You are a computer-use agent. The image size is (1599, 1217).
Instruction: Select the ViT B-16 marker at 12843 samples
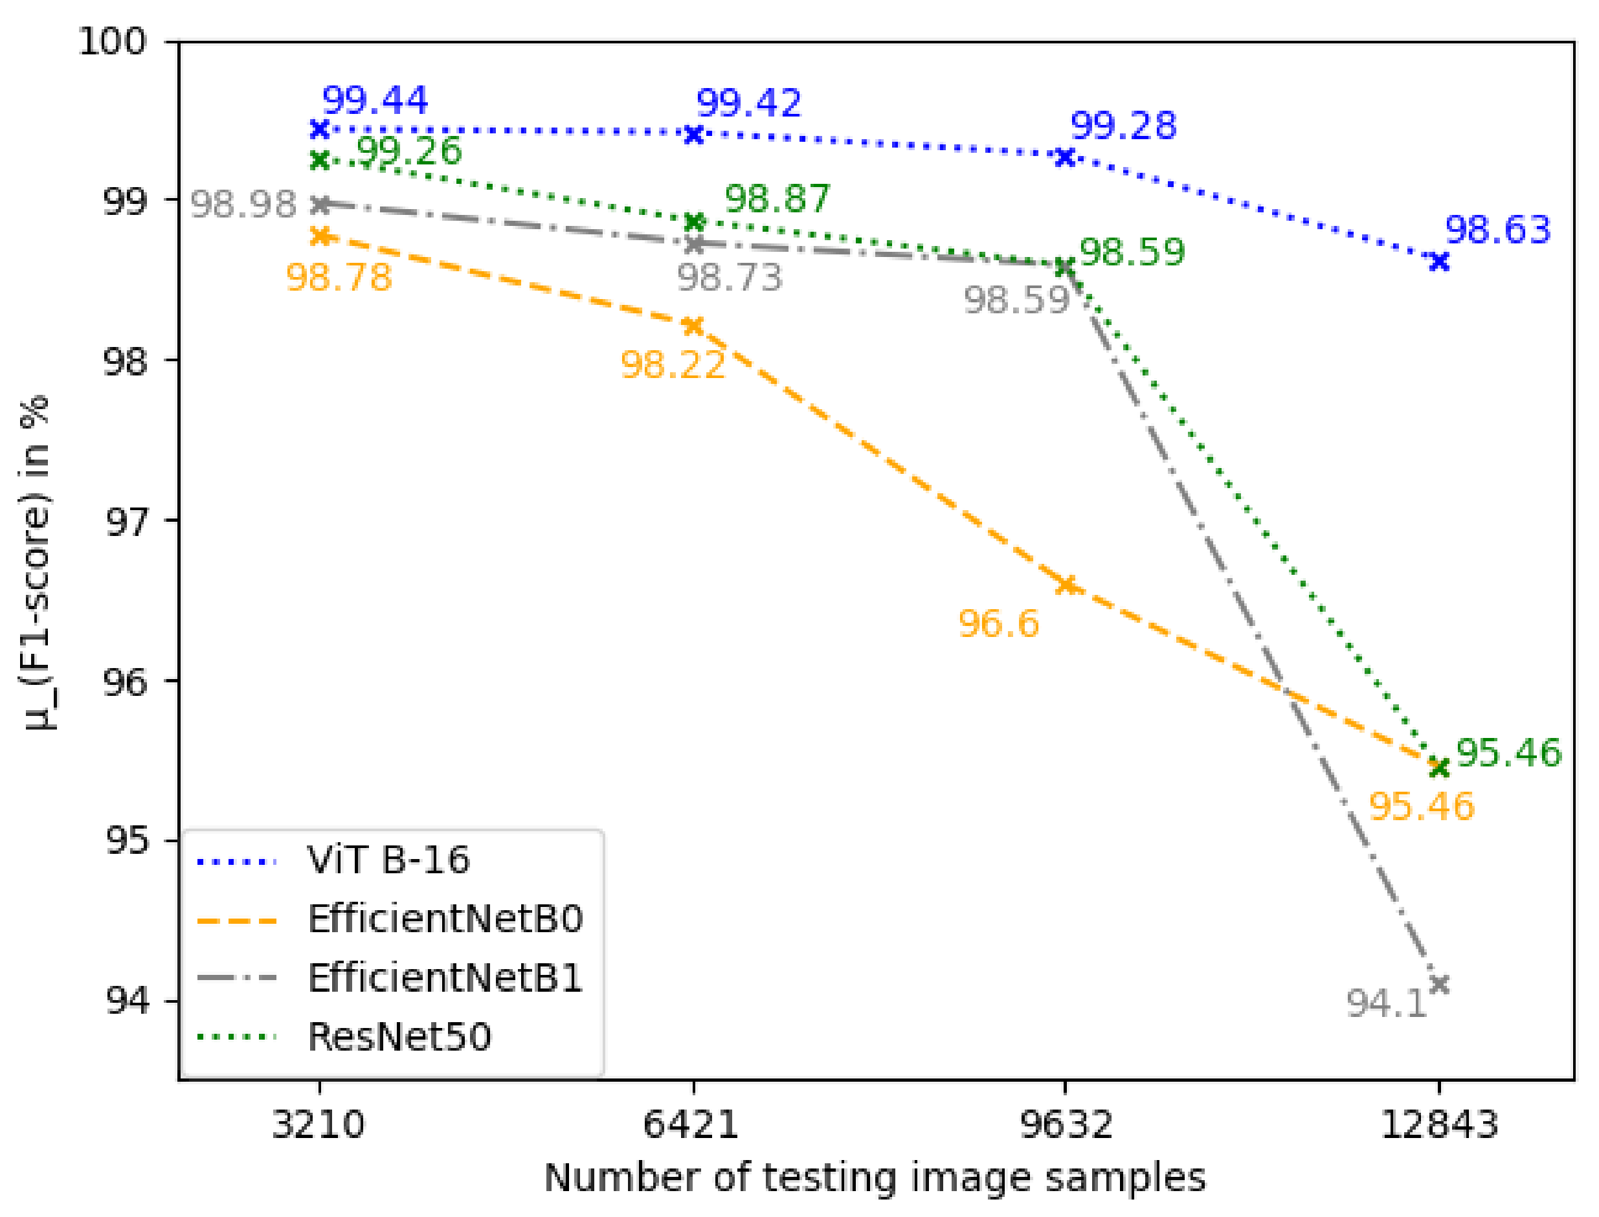tap(1439, 262)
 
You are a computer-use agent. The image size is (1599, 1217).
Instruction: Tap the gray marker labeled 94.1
tap(1439, 985)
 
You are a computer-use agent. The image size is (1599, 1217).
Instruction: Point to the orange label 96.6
tap(998, 624)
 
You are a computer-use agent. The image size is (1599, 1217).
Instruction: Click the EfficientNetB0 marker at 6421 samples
tap(693, 326)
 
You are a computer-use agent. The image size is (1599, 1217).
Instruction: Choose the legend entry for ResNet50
tap(399, 1036)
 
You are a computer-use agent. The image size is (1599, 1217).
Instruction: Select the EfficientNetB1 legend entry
tap(445, 978)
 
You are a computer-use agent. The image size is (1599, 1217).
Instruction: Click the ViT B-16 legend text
tap(388, 860)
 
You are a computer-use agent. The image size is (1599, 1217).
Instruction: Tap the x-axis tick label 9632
tap(1065, 1125)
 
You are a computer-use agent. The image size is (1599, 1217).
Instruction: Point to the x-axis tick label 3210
tap(319, 1125)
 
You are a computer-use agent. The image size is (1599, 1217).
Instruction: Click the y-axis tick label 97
tap(127, 521)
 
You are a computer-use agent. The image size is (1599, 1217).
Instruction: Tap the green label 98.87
tap(777, 199)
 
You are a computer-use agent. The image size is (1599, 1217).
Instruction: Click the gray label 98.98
tap(243, 205)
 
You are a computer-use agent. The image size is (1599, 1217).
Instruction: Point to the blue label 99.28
tap(1123, 126)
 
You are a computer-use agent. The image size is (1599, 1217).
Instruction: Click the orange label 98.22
tap(673, 364)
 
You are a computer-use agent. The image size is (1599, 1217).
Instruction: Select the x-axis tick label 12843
tap(1439, 1125)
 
